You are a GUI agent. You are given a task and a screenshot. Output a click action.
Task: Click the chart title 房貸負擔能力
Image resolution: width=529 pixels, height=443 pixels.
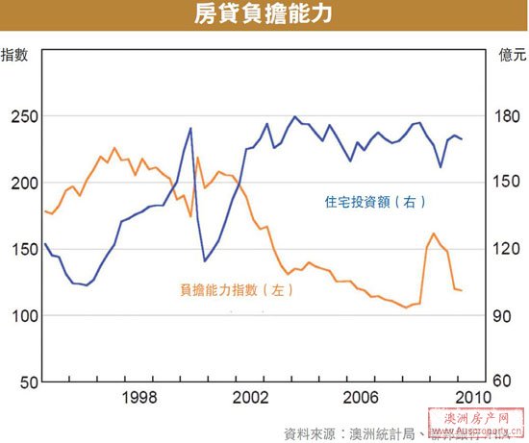[x=264, y=15]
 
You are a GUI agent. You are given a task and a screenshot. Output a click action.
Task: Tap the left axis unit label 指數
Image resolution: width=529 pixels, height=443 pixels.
[x=15, y=54]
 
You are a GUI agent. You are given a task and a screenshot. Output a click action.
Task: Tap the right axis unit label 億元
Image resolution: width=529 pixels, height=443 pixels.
[x=512, y=54]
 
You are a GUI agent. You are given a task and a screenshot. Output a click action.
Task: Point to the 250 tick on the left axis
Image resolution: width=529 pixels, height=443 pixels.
[x=20, y=117]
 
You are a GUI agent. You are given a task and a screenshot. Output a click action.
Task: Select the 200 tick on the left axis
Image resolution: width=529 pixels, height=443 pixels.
[x=20, y=184]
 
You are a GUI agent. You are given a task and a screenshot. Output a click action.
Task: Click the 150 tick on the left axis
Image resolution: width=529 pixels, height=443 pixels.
[x=20, y=250]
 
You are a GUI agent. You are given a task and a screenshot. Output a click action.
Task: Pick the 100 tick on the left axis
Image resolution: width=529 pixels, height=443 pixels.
[x=20, y=316]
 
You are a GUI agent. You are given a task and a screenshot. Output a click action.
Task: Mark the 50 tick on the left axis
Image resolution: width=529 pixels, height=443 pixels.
[x=24, y=382]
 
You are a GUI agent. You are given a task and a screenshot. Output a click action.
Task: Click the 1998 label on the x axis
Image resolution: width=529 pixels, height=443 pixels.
[x=141, y=397]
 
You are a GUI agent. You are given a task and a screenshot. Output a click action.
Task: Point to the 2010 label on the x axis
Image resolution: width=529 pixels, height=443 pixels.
[x=469, y=397]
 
